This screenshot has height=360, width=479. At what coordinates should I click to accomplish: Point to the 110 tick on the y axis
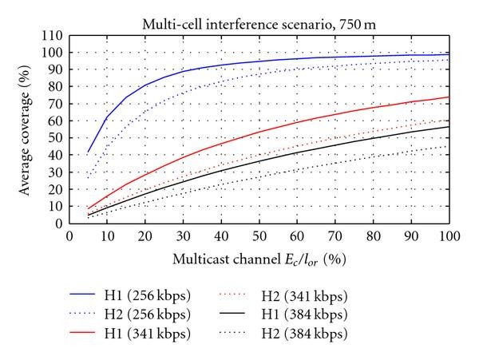[x=53, y=36]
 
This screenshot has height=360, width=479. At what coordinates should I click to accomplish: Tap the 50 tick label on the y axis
[x=56, y=138]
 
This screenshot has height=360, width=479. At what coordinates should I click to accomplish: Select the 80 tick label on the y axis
[x=56, y=87]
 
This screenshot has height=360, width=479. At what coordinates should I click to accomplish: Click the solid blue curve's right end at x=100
[x=449, y=54]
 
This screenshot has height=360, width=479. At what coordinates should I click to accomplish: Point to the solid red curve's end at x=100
[x=449, y=97]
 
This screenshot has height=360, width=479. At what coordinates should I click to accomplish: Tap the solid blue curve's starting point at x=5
[x=88, y=152]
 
